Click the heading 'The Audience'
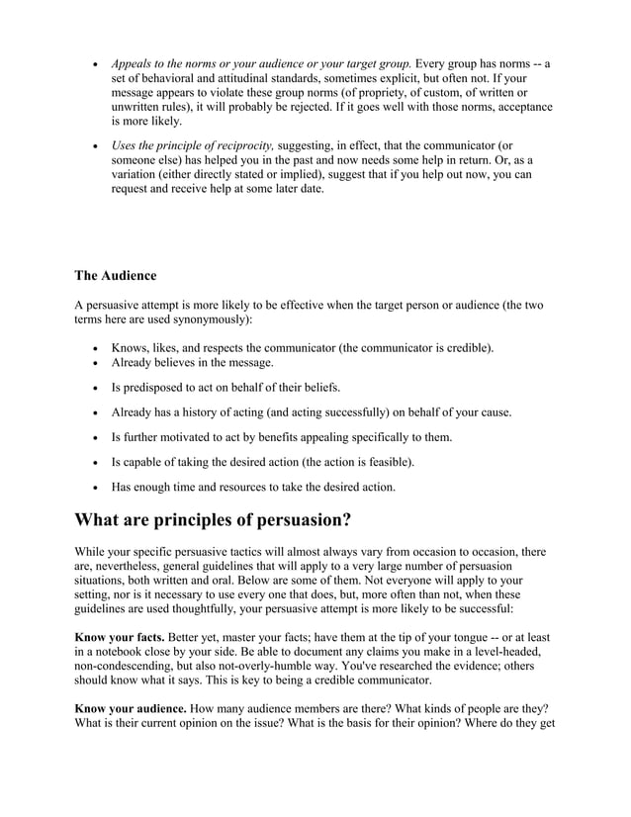(x=115, y=275)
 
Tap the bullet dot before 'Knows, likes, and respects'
(x=93, y=349)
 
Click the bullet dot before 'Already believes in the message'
(x=93, y=364)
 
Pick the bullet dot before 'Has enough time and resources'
(x=93, y=487)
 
